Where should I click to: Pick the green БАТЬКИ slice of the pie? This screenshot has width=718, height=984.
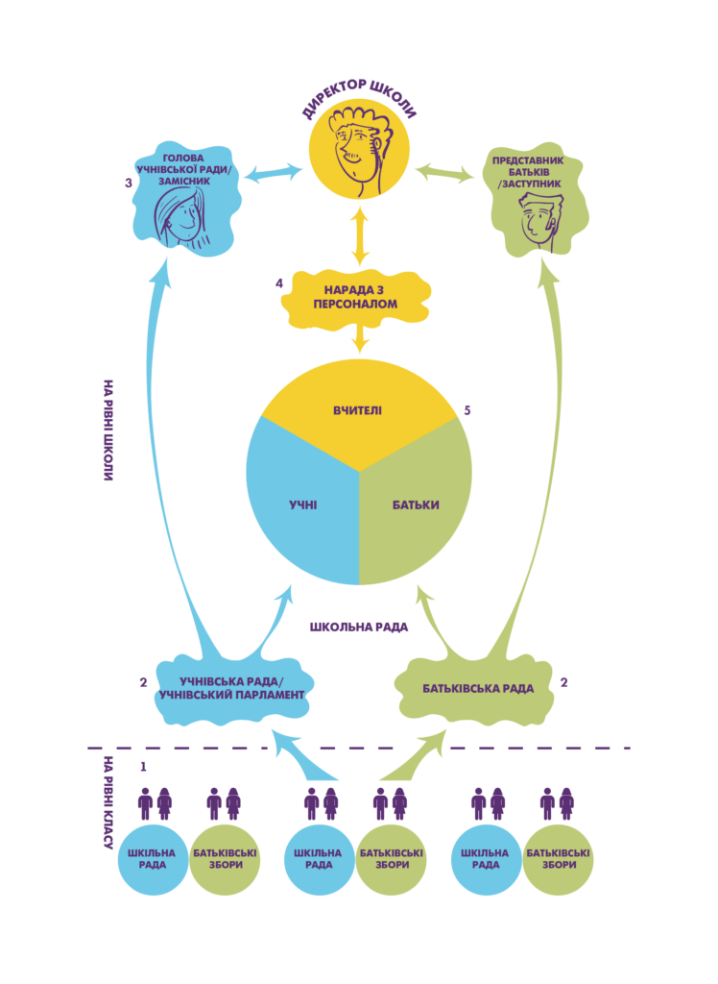(x=416, y=505)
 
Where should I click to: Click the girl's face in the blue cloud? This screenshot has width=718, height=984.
(x=179, y=215)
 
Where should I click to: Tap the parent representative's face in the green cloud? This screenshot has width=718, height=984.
(x=538, y=218)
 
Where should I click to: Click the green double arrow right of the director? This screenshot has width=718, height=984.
(x=445, y=174)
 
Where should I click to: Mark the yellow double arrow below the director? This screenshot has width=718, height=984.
(x=360, y=236)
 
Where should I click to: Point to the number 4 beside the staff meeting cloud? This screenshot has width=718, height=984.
(x=278, y=283)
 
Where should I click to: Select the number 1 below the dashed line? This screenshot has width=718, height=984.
(x=143, y=766)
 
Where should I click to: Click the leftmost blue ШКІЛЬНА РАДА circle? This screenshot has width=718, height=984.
(x=153, y=859)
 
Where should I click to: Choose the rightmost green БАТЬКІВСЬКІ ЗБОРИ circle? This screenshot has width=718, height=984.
(x=559, y=859)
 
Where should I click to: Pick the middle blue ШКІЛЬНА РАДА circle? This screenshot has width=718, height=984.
(x=319, y=859)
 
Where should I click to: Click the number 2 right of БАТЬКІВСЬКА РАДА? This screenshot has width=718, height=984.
(x=564, y=682)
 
